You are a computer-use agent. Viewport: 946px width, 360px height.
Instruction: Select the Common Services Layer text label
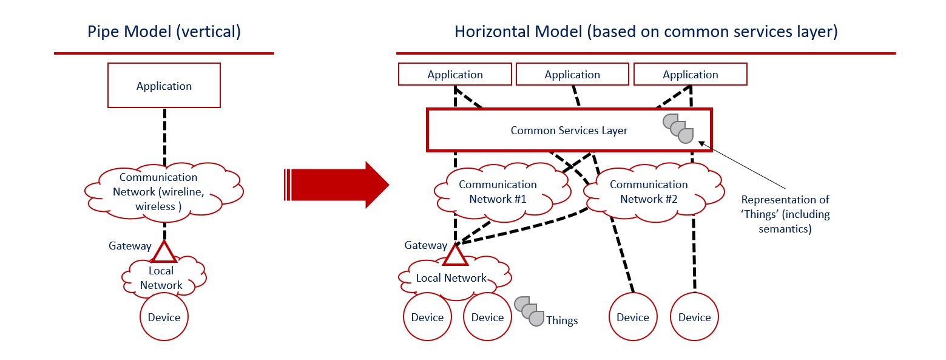pyautogui.click(x=569, y=130)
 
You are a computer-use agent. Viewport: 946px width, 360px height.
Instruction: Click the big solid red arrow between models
pyautogui.click(x=336, y=185)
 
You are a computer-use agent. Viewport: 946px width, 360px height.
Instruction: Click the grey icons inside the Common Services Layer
pyautogui.click(x=678, y=129)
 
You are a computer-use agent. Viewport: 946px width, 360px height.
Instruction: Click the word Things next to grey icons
pyautogui.click(x=562, y=321)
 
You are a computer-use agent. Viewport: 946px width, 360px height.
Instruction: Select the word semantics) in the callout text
pyautogui.click(x=785, y=229)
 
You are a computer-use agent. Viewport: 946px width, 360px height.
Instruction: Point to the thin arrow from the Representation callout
pyautogui.click(x=742, y=165)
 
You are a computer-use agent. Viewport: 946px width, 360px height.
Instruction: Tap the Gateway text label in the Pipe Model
pyautogui.click(x=130, y=246)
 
